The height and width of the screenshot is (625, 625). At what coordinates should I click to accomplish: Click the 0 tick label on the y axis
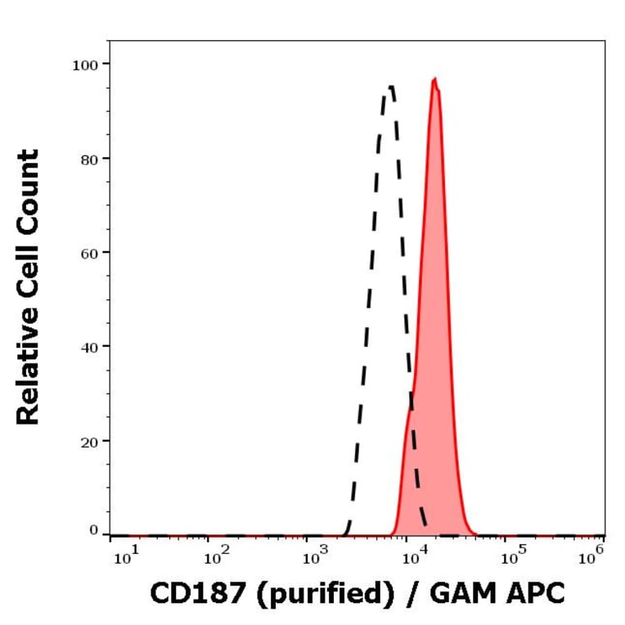coord(93,531)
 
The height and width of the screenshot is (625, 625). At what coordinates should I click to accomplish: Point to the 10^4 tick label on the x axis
coord(413,558)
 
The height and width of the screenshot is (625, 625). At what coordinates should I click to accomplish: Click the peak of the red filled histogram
coord(435,79)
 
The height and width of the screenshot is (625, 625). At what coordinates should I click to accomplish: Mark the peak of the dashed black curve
coord(390,86)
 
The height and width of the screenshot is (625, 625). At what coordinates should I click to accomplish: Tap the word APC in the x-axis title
coord(535,595)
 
